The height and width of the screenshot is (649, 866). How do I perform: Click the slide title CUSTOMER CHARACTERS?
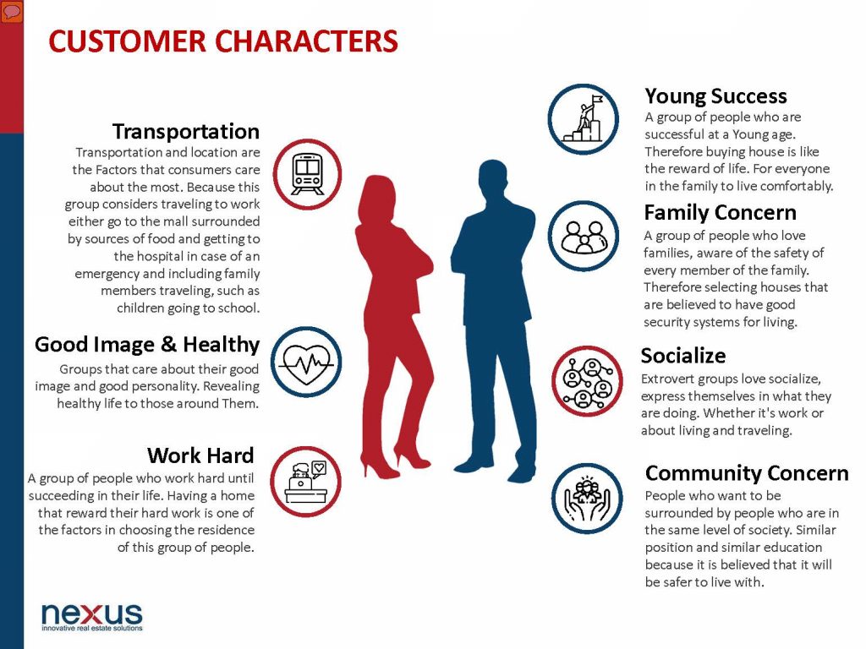(223, 41)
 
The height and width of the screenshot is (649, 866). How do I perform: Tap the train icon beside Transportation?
(307, 174)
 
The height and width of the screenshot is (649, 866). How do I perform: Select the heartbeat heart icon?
(306, 363)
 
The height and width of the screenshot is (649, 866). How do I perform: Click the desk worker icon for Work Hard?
(305, 482)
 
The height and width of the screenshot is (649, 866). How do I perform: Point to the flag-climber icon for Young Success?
(584, 119)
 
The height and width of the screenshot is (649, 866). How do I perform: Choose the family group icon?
(584, 237)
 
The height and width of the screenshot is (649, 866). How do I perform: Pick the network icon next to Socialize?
(587, 381)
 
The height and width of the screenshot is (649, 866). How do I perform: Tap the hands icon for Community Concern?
(587, 499)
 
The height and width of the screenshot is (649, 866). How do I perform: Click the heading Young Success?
(715, 96)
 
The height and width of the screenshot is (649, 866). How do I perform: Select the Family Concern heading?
(721, 212)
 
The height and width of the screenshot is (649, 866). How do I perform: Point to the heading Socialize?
(683, 356)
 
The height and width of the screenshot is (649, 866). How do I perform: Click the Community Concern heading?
(747, 473)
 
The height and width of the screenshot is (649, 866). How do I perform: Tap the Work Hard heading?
(200, 455)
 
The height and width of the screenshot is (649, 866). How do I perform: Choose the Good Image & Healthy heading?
(147, 345)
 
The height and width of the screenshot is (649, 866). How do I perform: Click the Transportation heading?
(185, 132)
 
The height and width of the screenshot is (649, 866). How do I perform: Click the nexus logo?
(92, 616)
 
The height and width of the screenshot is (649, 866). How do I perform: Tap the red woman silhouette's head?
(378, 196)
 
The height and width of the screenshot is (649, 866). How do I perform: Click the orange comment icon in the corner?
(12, 12)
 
